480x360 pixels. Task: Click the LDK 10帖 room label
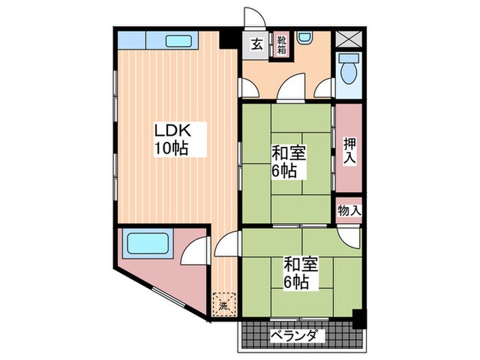[171, 139]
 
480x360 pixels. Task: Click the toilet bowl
[348, 68]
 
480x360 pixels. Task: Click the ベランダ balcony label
[293, 336]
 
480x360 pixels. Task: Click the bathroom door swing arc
[197, 250]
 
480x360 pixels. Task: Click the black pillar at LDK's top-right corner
[226, 38]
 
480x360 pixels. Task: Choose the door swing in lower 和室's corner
[348, 237]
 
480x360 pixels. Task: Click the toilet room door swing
[325, 88]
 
